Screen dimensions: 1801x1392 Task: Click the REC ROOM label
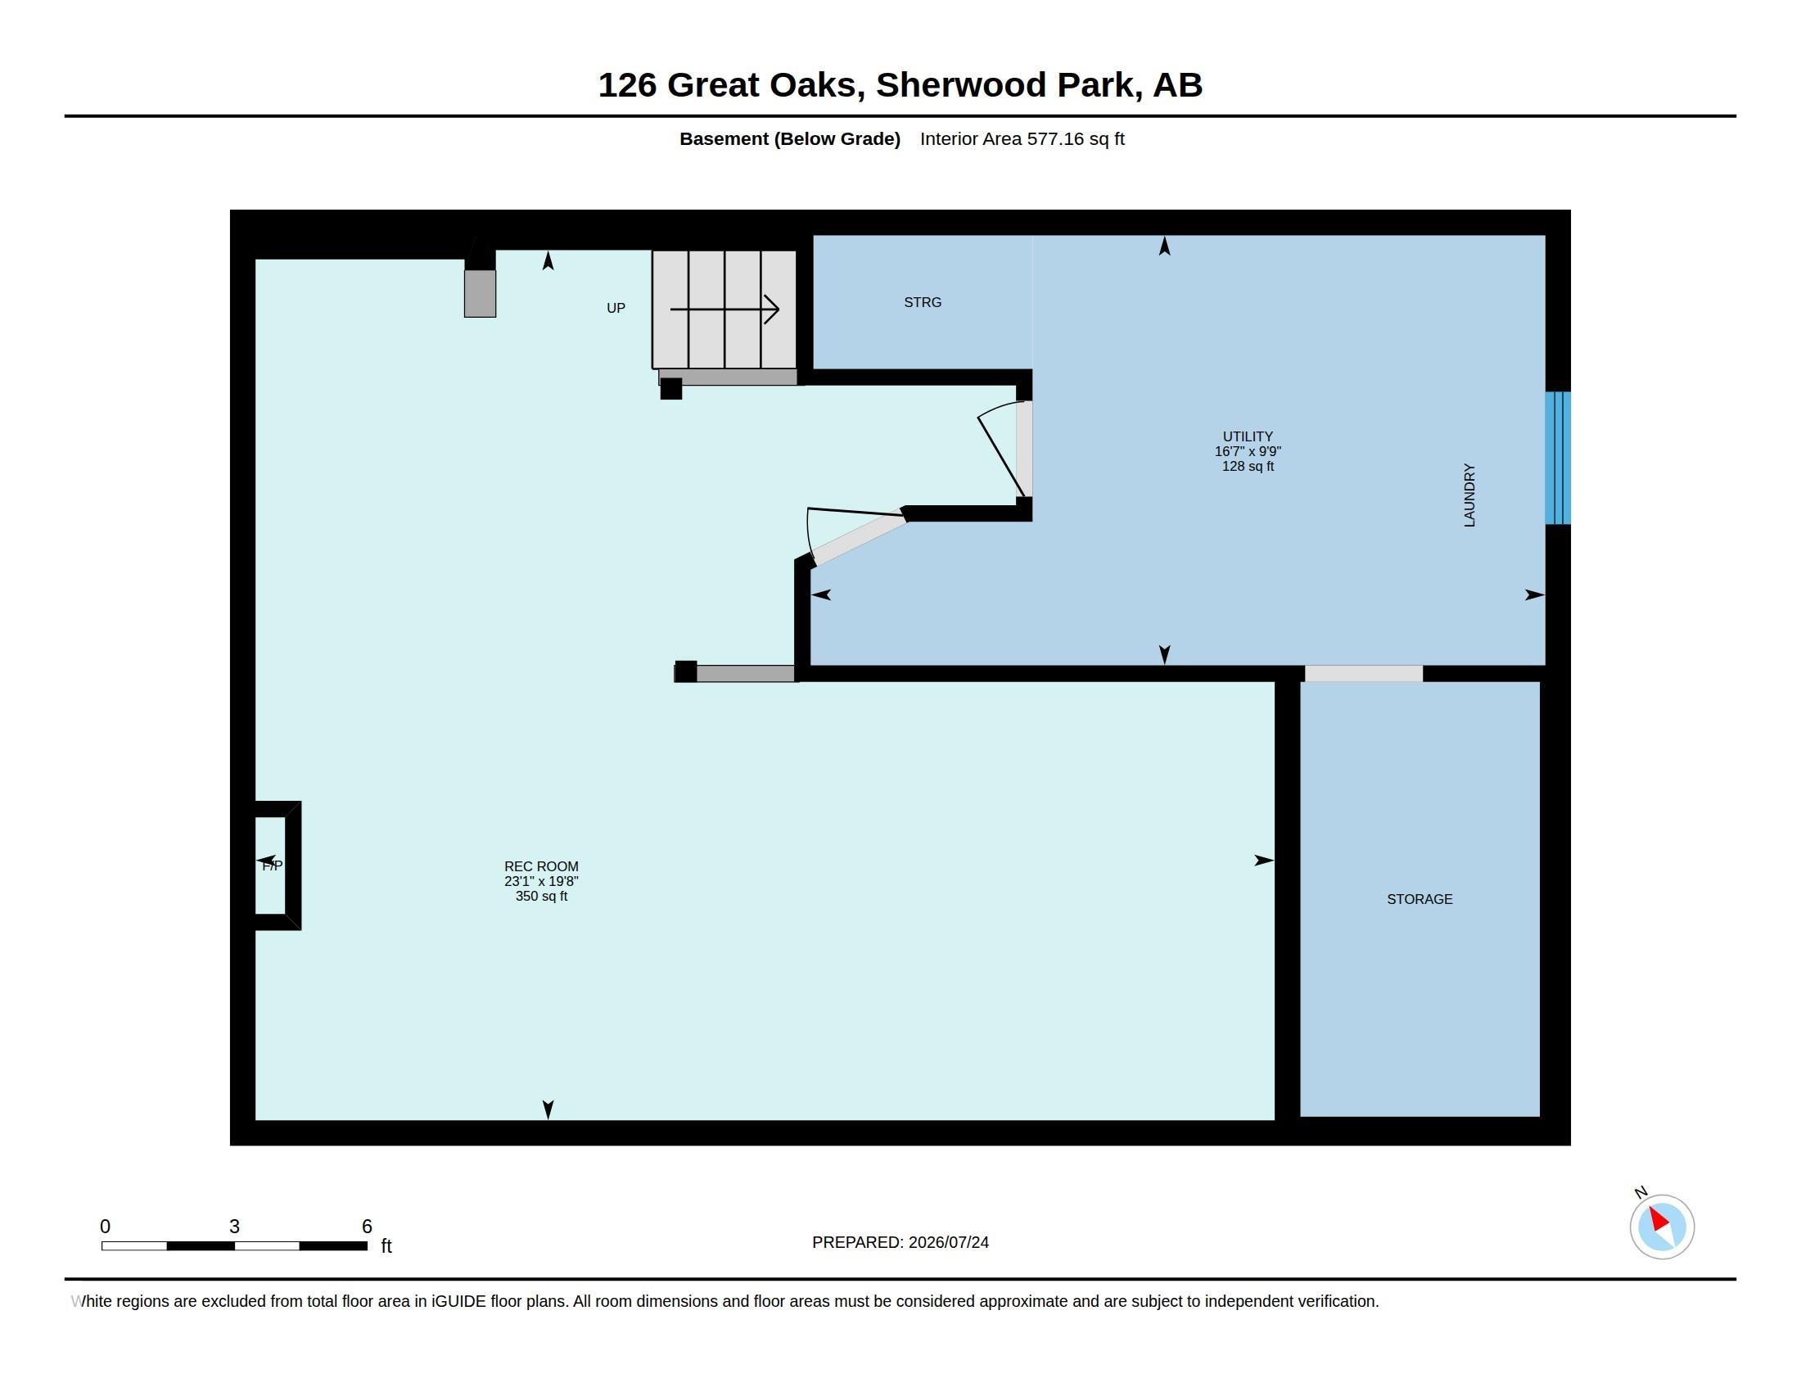click(x=541, y=865)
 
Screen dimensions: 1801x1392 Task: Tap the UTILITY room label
click(x=1248, y=436)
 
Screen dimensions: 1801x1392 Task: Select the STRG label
click(x=923, y=303)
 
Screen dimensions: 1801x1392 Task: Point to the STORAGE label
click(x=1420, y=899)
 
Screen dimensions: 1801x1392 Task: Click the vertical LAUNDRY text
click(x=1469, y=495)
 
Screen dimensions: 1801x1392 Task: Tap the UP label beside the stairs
click(x=616, y=308)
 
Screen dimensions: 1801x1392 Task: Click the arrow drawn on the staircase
click(x=724, y=310)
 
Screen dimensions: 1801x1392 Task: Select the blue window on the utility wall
click(x=1558, y=458)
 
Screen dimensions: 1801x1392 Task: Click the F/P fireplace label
click(x=272, y=865)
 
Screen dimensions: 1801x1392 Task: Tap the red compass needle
click(x=1659, y=1220)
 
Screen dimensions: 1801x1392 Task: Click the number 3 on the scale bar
click(x=234, y=1227)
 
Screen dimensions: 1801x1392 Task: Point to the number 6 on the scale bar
click(x=367, y=1227)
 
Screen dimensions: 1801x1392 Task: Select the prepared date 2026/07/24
click(x=948, y=1242)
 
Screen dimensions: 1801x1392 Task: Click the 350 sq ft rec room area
click(x=541, y=897)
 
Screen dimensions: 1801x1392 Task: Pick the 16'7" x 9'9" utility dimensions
click(x=1248, y=451)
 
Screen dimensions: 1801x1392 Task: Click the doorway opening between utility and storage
click(x=1363, y=674)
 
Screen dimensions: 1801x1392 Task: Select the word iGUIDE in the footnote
click(x=458, y=1301)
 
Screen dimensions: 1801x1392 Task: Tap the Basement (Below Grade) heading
click(x=789, y=138)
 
